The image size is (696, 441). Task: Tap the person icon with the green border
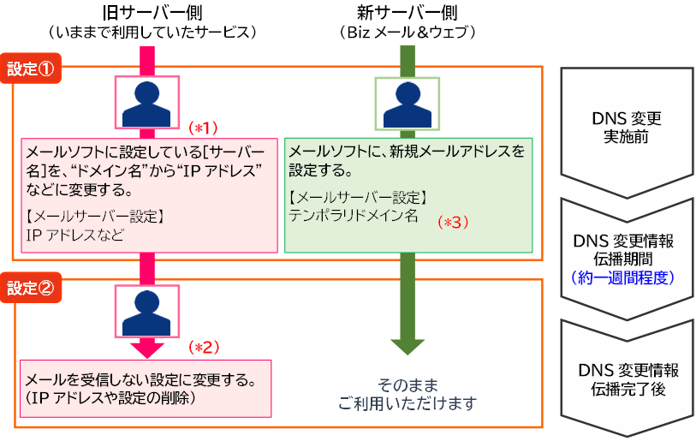(x=407, y=103)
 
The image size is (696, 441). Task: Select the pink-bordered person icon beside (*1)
(x=147, y=103)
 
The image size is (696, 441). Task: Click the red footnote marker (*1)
(x=203, y=128)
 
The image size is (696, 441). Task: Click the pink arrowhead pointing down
(x=146, y=348)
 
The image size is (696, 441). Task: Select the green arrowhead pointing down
(x=407, y=347)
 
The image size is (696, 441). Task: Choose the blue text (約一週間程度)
(x=626, y=277)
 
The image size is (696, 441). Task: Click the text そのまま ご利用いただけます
(x=407, y=394)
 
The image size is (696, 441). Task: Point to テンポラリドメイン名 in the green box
(x=354, y=215)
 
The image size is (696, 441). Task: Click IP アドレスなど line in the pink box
(x=75, y=233)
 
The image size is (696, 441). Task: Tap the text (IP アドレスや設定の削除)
(x=112, y=397)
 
